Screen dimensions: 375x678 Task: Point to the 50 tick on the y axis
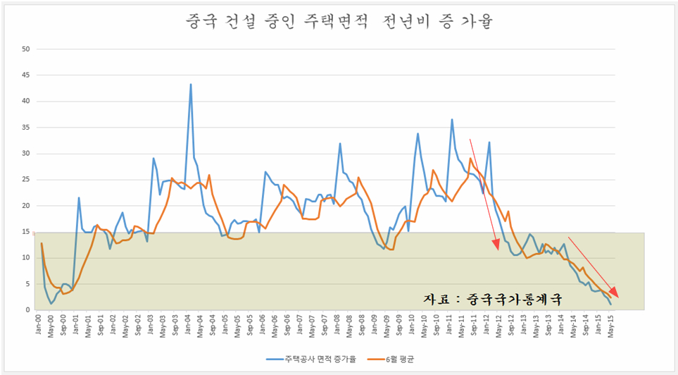coord(26,49)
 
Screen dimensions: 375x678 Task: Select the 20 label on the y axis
coord(26,206)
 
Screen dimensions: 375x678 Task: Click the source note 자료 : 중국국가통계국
coord(493,298)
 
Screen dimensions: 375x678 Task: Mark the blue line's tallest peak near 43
coord(191,85)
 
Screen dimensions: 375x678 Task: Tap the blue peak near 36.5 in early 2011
coord(452,120)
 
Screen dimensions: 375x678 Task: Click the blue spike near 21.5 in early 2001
coord(79,198)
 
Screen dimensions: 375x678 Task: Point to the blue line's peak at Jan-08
coord(340,144)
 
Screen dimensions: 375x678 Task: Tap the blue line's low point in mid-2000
coord(51,304)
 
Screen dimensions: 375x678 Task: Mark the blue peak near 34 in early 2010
coord(418,134)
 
